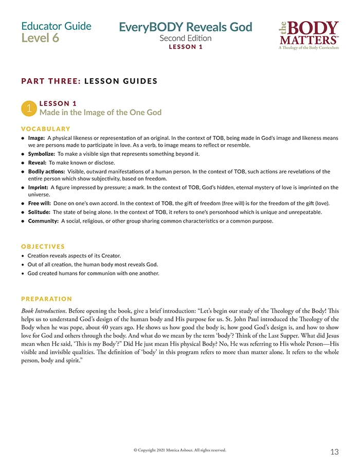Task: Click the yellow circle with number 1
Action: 29,107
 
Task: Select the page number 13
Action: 334,452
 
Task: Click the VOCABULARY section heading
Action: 46,129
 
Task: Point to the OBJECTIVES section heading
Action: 43,246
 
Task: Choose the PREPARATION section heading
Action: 47,299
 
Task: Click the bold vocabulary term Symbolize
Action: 41,154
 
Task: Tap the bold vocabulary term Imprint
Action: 38,187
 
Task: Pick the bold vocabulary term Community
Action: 43,221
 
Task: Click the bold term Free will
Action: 39,204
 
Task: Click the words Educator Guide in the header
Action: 57,26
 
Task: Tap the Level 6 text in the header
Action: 40,38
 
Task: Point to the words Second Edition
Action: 185,38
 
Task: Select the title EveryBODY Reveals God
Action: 186,27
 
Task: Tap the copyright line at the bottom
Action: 179,450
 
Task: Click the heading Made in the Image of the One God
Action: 100,113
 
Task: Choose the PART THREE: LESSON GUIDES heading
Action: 89,81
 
